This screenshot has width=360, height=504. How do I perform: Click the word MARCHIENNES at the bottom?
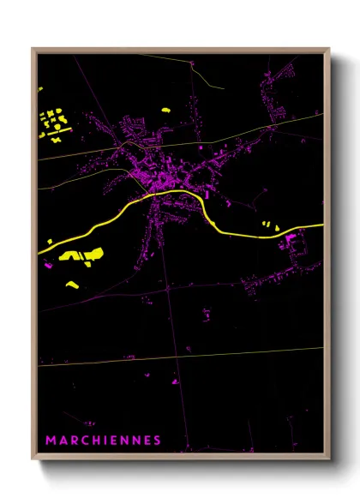click(104, 441)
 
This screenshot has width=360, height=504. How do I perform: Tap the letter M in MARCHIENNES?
click(51, 441)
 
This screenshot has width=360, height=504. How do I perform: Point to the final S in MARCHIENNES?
click(157, 441)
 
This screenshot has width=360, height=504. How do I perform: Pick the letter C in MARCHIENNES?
click(82, 441)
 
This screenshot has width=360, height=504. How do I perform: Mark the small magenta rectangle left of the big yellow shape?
click(49, 267)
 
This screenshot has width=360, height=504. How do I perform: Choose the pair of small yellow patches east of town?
click(270, 225)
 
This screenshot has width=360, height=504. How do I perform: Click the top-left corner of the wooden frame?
click(33, 49)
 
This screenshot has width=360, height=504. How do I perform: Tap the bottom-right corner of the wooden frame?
click(329, 459)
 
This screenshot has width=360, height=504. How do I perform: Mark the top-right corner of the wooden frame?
click(329, 49)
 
